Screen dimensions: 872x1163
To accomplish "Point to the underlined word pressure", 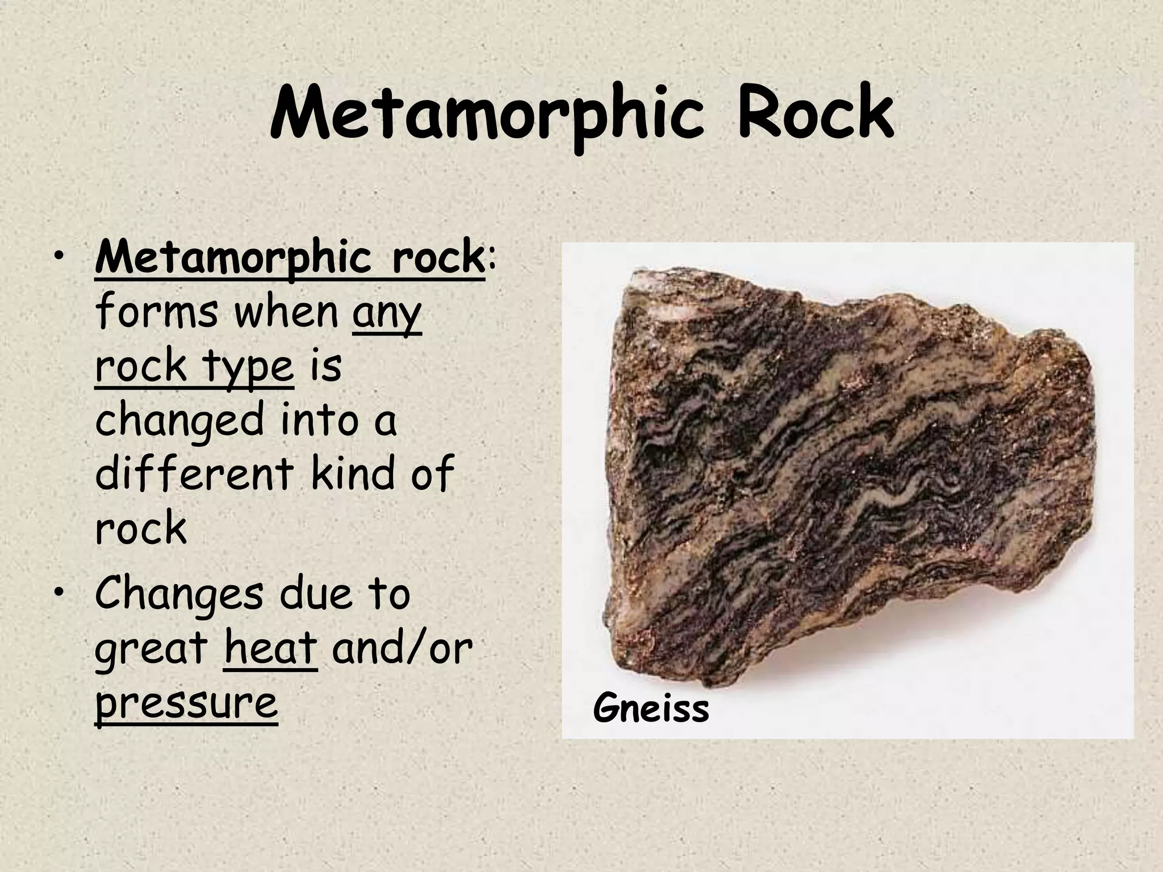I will pyautogui.click(x=186, y=703).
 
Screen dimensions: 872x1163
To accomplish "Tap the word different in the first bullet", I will pyautogui.click(x=193, y=473).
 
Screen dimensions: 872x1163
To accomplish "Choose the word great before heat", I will pyautogui.click(x=152, y=649).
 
